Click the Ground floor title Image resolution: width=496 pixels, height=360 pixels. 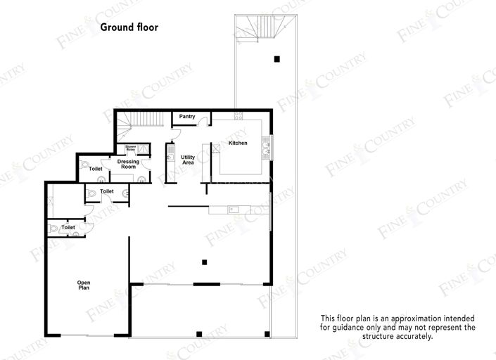coord(129,28)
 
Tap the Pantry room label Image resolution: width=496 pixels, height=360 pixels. coord(187,117)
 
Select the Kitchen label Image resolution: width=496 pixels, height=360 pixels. coord(238,143)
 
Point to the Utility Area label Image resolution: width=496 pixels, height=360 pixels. coord(188,160)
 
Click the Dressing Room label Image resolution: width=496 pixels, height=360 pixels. coord(128,165)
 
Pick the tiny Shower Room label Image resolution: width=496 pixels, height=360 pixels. coord(131,148)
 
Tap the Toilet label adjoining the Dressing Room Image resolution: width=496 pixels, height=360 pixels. coord(96,169)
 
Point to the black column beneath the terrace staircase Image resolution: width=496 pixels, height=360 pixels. coord(277,58)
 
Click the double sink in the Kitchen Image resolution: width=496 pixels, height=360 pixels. coord(266,148)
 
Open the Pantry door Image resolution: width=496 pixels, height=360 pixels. coord(202,122)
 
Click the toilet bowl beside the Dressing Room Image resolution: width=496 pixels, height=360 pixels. coord(85,165)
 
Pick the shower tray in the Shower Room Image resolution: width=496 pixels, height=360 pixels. coord(143,148)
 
